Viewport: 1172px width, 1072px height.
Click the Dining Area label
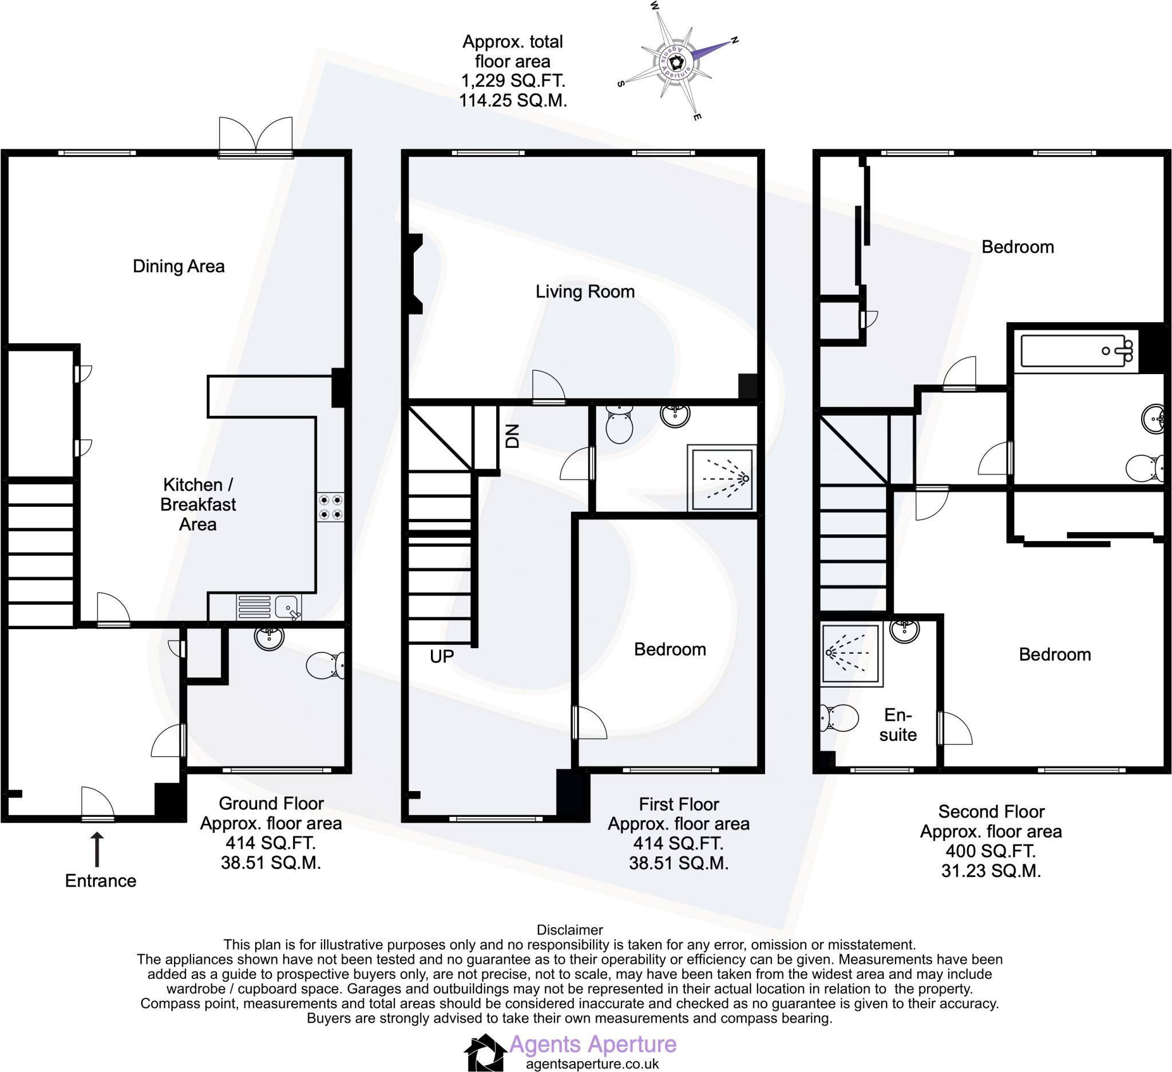179,266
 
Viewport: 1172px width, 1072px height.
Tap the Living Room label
585,291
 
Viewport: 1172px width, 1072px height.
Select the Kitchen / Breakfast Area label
197,504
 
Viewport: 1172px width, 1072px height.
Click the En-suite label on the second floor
898,725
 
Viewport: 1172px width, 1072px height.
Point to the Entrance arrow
98,850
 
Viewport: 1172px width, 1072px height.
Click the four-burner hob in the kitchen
330,507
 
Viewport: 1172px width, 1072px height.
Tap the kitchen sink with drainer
269,607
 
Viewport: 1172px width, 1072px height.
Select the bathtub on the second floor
1077,351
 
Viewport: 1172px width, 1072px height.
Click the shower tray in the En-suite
850,653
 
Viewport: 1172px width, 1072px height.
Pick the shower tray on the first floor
722,478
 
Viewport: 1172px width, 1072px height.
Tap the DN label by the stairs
512,436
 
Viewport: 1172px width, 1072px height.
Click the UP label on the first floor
442,657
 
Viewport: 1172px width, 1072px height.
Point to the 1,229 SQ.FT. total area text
513,81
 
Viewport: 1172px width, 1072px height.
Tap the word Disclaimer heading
569,930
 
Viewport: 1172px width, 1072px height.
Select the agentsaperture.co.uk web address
592,1064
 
